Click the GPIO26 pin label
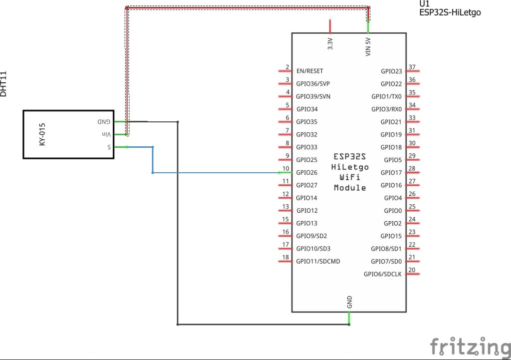tap(306, 173)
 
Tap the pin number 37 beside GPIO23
tap(412, 67)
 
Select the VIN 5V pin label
tap(368, 46)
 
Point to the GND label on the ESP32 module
tap(349, 302)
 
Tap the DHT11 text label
tap(4, 84)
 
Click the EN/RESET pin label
tap(309, 71)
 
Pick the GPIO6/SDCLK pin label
tap(382, 274)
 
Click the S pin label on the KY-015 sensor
tap(108, 147)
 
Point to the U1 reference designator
tap(424, 4)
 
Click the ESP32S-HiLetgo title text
tap(450, 12)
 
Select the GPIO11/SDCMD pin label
tap(318, 261)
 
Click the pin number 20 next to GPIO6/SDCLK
tap(412, 270)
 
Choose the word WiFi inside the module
tap(350, 177)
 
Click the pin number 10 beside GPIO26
tap(286, 168)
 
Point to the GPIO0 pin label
tap(393, 211)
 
